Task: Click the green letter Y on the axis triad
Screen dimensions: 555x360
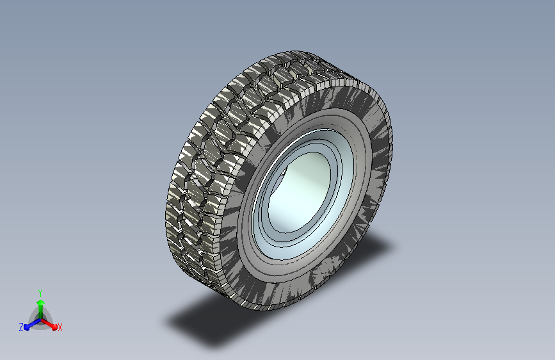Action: (x=40, y=293)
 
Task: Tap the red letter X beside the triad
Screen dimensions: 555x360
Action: (x=60, y=327)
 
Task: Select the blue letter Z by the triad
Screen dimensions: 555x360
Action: (x=21, y=327)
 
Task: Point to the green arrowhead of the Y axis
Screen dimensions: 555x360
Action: (x=41, y=302)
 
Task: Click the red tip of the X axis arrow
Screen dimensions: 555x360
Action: (x=54, y=327)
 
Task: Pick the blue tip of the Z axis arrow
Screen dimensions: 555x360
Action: (x=27, y=327)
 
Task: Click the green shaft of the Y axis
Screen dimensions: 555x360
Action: (x=41, y=312)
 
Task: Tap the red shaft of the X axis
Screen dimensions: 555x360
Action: (x=47, y=323)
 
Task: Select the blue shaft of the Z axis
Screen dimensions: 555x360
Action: (x=35, y=323)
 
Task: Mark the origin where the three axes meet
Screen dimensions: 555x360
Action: (x=41, y=320)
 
